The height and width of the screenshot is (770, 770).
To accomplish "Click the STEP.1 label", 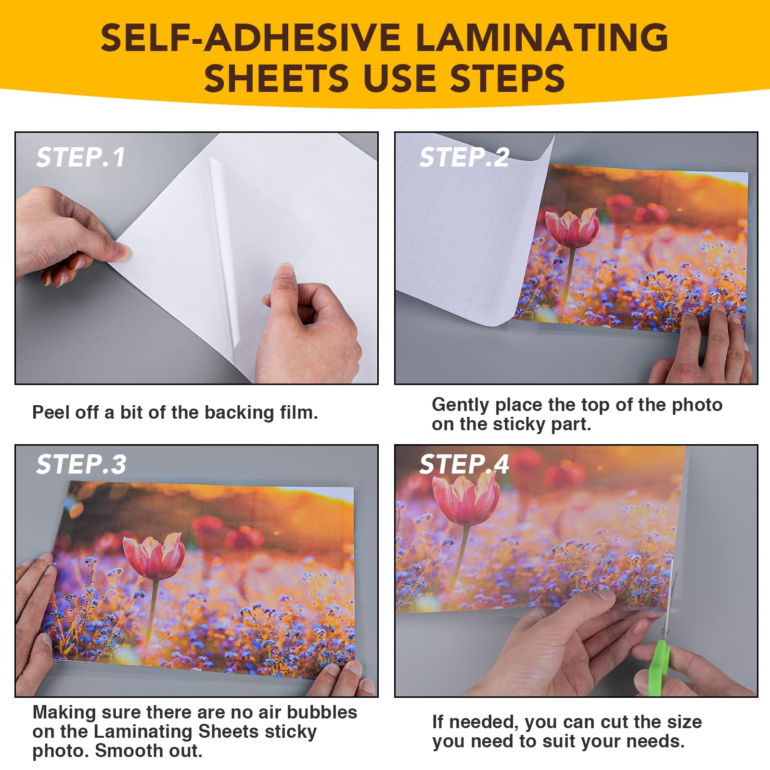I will click(x=80, y=157).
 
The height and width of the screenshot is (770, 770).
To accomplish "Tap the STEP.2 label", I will click(x=463, y=157).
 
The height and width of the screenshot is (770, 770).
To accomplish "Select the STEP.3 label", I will click(x=81, y=464).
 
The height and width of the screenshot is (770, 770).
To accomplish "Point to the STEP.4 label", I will click(x=463, y=464).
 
